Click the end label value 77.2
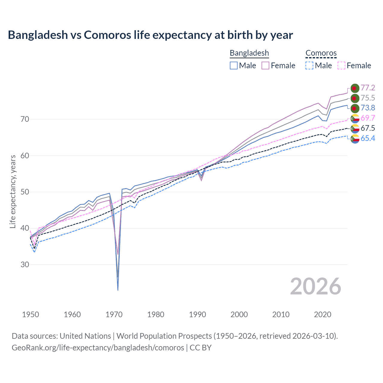tap(368, 88)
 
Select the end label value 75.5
tap(368, 98)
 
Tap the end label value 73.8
tap(368, 108)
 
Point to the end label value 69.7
tap(368, 118)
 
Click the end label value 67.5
tap(368, 128)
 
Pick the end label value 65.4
tap(368, 138)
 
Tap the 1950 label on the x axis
tap(31, 314)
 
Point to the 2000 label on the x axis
tap(239, 314)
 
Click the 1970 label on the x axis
tap(114, 314)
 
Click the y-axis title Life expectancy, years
tap(13, 191)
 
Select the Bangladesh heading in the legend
tap(249, 53)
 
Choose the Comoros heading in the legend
tap(321, 53)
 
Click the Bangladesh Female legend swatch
tap(265, 66)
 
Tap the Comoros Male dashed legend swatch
tap(309, 66)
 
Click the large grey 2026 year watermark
tap(315, 286)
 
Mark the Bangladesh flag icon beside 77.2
tap(355, 88)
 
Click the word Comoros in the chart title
tap(107, 35)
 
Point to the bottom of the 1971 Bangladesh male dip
tap(118, 290)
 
